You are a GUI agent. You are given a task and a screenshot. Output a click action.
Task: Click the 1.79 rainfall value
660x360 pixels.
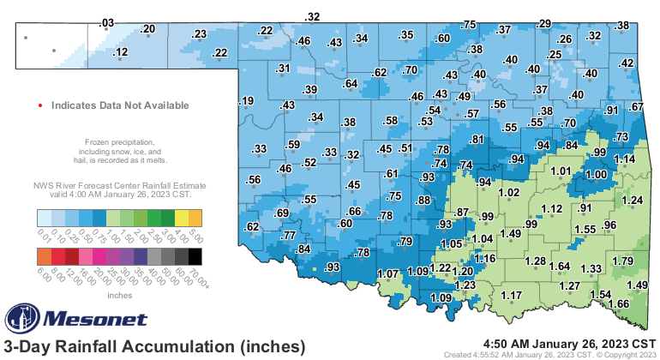tap(623, 261)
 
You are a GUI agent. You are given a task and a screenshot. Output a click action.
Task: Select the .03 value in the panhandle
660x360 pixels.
tap(106, 22)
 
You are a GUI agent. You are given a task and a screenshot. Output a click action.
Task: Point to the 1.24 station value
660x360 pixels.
tap(632, 201)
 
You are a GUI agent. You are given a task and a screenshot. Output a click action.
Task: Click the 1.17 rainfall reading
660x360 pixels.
tap(512, 296)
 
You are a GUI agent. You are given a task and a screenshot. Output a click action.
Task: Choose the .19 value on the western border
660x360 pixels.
tap(247, 102)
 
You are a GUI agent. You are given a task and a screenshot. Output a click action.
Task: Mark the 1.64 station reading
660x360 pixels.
tap(560, 266)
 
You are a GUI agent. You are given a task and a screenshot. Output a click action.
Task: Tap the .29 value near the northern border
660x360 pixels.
tap(543, 23)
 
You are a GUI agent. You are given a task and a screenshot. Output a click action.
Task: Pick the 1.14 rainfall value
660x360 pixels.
tap(624, 159)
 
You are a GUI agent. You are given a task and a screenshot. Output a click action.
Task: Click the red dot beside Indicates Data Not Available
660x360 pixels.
tap(40, 105)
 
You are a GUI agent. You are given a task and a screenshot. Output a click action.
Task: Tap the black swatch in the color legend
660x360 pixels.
tap(195, 255)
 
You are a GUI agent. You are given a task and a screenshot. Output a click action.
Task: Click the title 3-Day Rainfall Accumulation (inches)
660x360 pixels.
tap(154, 346)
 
